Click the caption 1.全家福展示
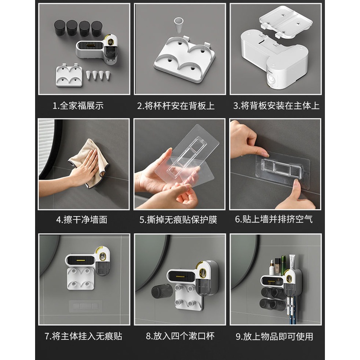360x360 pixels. click(78, 106)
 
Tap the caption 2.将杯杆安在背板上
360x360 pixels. click(176, 106)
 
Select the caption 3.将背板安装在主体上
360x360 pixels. click(276, 106)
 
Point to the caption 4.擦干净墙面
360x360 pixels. click(82, 220)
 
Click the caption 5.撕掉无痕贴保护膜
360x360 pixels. click(178, 220)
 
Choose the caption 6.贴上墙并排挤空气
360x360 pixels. click(274, 219)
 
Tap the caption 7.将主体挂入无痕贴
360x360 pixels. click(83, 336)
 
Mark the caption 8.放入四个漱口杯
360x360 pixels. click(180, 336)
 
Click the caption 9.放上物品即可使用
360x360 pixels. click(275, 337)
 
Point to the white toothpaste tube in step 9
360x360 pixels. click(292, 261)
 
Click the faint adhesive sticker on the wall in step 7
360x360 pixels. click(86, 306)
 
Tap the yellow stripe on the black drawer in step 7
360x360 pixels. click(79, 260)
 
